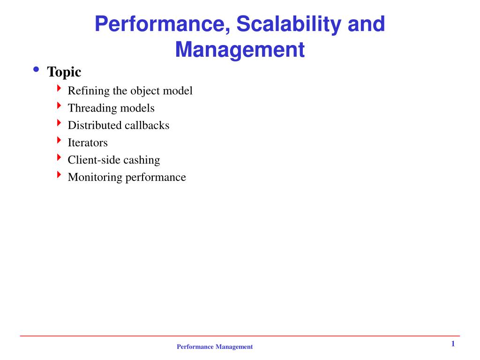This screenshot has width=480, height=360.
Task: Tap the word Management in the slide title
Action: coord(240,50)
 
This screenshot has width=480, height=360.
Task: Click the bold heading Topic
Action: coord(64,72)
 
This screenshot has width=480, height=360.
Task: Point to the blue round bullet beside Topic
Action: coord(36,70)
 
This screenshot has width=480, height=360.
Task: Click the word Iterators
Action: coord(88,142)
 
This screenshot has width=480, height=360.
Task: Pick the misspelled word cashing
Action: coord(142,160)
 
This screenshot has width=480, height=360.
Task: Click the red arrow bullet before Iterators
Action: coord(59,140)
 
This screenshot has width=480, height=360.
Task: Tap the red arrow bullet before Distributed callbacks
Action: coord(59,123)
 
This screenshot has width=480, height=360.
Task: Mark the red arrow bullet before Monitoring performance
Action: coord(59,175)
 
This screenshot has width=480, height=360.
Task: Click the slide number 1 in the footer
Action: coord(453,344)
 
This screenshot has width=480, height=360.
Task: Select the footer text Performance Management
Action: coord(214,347)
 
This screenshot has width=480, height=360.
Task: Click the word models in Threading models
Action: coord(137,108)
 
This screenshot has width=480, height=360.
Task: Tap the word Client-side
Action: coord(94,160)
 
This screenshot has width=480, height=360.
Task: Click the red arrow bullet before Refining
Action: coord(59,88)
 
